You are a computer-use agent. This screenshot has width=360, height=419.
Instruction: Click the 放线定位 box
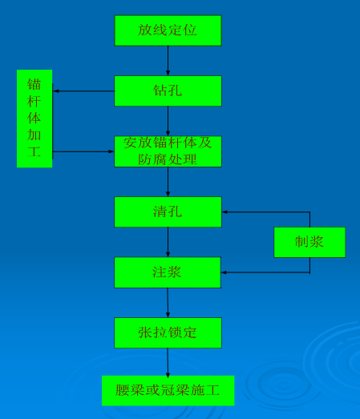168,30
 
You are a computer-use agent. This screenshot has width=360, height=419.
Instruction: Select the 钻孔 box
168,91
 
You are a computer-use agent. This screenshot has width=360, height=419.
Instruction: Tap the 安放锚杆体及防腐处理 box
168,151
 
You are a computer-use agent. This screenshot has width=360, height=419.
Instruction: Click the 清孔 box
168,212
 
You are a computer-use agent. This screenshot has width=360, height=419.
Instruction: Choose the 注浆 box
168,272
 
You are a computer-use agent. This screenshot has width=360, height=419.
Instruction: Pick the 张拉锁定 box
168,332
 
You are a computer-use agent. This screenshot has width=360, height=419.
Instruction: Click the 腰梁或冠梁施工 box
168,390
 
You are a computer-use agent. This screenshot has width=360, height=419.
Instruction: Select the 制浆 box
309,242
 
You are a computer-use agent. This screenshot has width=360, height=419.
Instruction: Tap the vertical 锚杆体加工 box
34,119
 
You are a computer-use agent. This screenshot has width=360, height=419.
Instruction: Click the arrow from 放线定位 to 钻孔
168,61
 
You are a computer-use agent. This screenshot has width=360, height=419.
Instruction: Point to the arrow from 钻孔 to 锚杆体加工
84,91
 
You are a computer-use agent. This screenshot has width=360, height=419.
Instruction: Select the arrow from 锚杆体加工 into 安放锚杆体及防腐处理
83,151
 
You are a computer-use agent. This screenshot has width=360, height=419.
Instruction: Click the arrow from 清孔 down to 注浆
168,242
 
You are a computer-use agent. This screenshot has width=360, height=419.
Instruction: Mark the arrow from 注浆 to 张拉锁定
168,303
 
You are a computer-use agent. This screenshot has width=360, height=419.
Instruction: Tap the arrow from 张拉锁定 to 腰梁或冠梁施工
168,362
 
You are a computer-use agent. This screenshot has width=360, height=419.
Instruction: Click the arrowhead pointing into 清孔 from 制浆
224,212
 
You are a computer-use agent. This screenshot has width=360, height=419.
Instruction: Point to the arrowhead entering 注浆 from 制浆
224,272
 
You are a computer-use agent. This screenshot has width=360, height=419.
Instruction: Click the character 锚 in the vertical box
34,84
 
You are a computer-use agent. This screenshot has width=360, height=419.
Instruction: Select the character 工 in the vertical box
34,151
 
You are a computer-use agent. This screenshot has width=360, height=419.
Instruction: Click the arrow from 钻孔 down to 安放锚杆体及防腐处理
168,121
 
